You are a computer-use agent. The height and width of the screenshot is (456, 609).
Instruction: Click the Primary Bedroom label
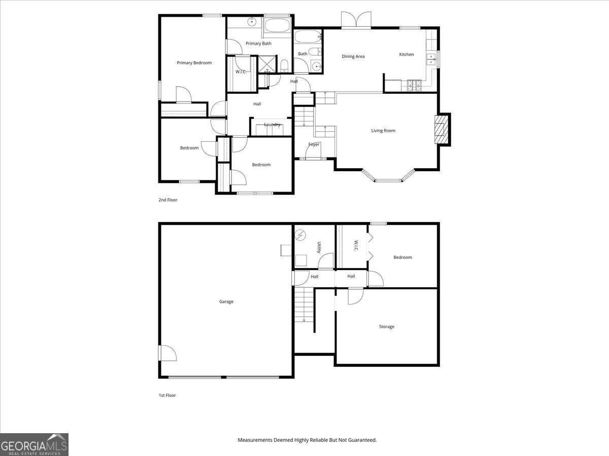(x=194, y=63)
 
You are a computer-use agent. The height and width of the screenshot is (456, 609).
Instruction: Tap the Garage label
(x=226, y=301)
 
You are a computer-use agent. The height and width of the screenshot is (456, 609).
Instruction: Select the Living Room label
(x=383, y=131)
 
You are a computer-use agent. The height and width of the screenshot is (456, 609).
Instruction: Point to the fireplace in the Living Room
(x=442, y=129)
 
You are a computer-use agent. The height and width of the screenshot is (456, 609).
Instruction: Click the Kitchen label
(x=407, y=55)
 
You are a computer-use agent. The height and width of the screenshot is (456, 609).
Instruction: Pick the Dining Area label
(x=353, y=57)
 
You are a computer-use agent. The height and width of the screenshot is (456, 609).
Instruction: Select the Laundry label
(x=272, y=125)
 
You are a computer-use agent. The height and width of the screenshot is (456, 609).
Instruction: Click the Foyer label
(x=314, y=144)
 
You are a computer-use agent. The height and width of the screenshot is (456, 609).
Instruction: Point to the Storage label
(x=387, y=327)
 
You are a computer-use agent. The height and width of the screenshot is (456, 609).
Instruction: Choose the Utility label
(x=319, y=247)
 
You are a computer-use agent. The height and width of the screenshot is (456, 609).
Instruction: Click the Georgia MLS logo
(x=34, y=444)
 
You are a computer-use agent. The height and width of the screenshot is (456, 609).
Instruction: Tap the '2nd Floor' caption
(x=168, y=200)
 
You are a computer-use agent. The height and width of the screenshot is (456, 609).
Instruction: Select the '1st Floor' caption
(x=167, y=395)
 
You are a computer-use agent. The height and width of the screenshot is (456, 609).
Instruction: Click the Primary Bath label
(x=258, y=44)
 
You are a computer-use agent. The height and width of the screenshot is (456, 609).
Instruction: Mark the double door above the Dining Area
(x=356, y=20)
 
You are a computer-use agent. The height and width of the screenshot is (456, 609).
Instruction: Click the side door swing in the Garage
(x=167, y=353)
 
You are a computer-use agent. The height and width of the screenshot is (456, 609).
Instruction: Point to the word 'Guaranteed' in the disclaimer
(x=360, y=440)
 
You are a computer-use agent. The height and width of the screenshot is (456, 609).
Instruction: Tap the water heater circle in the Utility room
(x=301, y=235)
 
